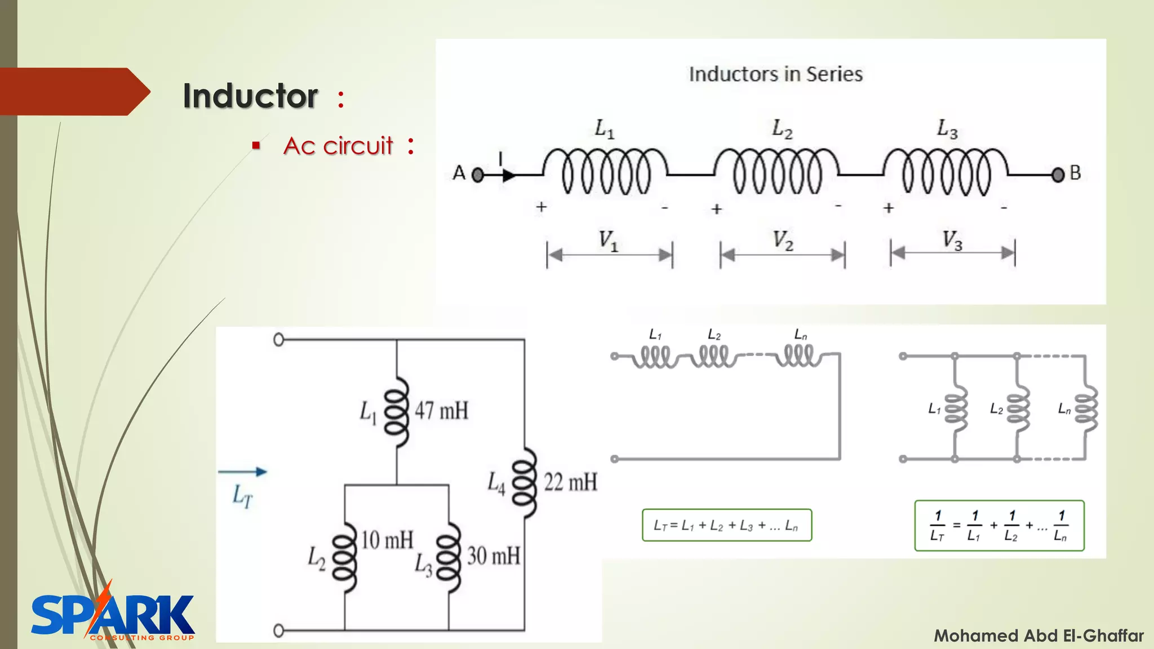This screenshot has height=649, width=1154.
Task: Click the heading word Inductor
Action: point(250,96)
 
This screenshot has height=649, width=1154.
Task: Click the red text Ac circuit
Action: point(338,146)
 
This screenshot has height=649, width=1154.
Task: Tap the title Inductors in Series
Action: point(775,74)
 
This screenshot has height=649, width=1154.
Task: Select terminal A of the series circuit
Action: point(477,175)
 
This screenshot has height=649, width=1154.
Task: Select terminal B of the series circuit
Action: point(1058,175)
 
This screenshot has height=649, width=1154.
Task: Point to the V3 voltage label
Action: point(952,241)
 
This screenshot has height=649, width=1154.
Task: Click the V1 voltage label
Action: point(608,241)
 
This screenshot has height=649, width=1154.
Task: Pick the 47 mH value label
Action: point(442,411)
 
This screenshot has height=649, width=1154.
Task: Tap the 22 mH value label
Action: point(570,483)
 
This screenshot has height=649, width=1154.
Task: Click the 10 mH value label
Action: point(387,540)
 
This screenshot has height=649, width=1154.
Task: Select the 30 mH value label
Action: point(494,556)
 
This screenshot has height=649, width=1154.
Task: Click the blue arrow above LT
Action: point(242,472)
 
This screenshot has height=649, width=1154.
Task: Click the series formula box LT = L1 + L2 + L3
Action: point(726,526)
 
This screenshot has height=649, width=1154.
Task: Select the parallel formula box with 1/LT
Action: point(999,526)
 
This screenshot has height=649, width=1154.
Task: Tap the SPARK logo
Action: point(113,615)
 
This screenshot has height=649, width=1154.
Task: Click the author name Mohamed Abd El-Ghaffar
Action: point(1038,636)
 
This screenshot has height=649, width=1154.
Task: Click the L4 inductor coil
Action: point(525,483)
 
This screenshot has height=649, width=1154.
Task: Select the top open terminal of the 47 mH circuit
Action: point(278,340)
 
